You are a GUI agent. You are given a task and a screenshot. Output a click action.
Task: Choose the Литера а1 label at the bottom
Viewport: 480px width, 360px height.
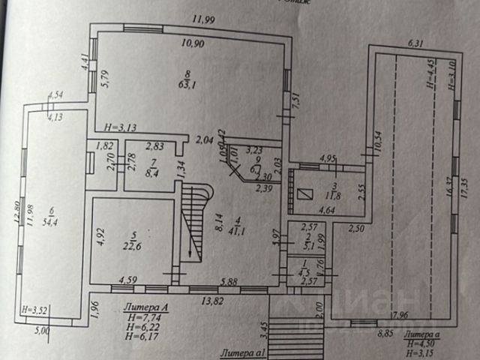coord(243,351)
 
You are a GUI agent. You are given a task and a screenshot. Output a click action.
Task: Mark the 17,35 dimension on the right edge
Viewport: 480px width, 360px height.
coord(472,184)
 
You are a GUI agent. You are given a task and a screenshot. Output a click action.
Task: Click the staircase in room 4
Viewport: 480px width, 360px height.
coord(193,223)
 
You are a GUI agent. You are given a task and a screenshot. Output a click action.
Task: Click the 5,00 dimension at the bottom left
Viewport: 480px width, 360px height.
coord(43,329)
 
